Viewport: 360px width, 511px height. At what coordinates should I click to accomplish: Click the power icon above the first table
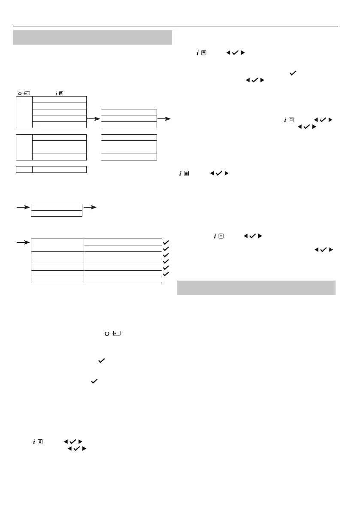pyautogui.click(x=20, y=93)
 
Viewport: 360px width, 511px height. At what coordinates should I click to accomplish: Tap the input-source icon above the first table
pyautogui.click(x=27, y=93)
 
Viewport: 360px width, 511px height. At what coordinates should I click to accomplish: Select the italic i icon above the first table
pyautogui.click(x=56, y=93)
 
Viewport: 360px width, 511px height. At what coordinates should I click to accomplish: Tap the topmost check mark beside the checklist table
pyautogui.click(x=166, y=242)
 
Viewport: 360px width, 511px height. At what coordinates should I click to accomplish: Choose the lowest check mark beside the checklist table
pyautogui.click(x=166, y=274)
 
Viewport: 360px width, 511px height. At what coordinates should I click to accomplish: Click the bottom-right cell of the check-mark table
pyautogui.click(x=122, y=280)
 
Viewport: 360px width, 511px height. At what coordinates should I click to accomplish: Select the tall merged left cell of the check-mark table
pyautogui.click(x=57, y=245)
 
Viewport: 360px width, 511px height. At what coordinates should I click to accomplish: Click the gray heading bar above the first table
pyautogui.click(x=93, y=37)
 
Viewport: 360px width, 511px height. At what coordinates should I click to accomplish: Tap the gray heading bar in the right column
pyautogui.click(x=256, y=288)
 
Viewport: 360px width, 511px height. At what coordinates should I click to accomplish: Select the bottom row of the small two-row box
pyautogui.click(x=57, y=213)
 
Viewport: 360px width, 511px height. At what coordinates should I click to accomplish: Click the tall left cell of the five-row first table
pyautogui.click(x=24, y=112)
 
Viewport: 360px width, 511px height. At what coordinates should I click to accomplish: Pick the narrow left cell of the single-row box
pyautogui.click(x=24, y=169)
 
